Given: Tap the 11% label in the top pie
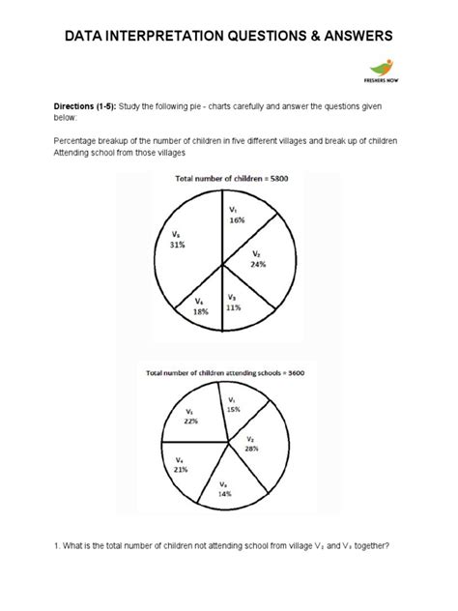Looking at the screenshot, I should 233,306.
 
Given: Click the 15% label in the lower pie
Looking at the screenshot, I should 234,409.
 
